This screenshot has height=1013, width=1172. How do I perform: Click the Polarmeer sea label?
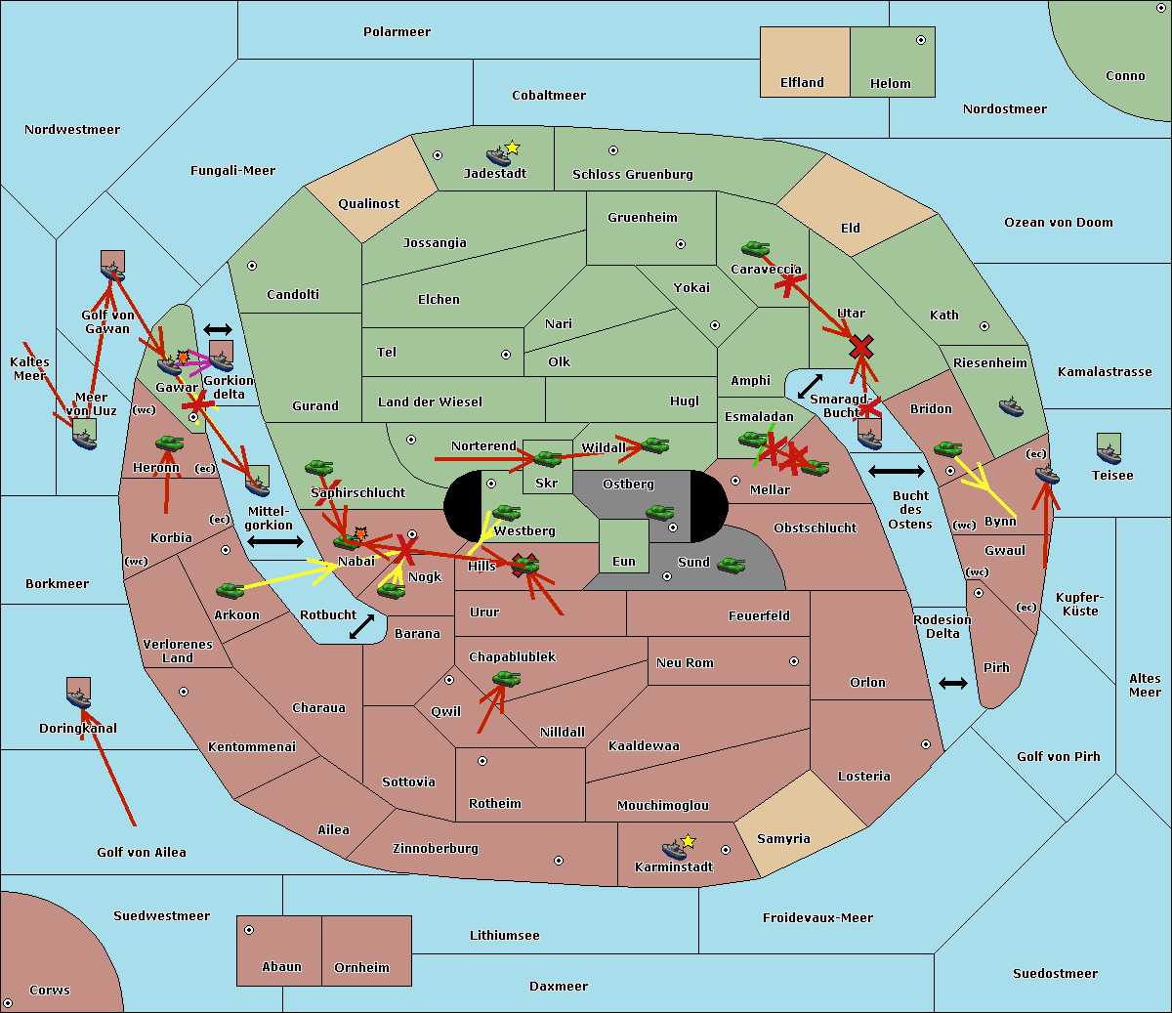point(397,32)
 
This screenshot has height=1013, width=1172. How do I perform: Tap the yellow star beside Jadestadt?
point(513,148)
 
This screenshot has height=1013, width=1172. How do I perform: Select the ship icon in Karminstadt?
point(674,849)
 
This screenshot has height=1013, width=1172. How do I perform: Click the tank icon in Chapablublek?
point(506,678)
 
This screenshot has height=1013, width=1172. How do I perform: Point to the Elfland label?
point(802,83)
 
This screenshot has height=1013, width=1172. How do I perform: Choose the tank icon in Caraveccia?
point(755,248)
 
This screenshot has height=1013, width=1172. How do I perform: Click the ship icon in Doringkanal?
point(78,697)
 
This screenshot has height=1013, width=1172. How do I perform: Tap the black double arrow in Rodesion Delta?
point(953,683)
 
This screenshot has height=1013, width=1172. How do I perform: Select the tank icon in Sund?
point(731,565)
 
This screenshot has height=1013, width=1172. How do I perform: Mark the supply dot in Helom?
point(921,40)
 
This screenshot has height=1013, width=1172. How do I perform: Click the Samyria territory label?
point(783,838)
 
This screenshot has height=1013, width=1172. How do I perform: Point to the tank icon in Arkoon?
point(230,590)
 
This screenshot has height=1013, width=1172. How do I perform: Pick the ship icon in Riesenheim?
point(1011,406)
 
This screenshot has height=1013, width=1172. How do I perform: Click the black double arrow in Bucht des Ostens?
point(897,471)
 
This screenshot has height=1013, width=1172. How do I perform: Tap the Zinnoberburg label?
point(436,849)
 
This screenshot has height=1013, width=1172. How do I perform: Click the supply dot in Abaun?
point(249,930)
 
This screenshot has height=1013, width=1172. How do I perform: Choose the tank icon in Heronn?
point(169,443)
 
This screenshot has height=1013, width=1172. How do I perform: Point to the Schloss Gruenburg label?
point(633,174)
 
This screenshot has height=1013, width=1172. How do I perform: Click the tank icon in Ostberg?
point(659,512)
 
